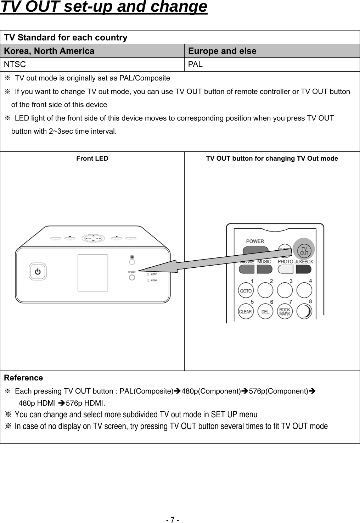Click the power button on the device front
tap(38, 272)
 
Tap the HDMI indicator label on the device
tap(154, 280)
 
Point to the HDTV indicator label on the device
tap(154, 274)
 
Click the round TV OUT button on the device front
tap(132, 278)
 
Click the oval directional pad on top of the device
tap(94, 238)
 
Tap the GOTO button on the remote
tap(246, 291)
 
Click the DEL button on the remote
tap(265, 312)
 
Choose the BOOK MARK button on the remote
tap(285, 312)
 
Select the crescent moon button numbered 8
tap(304, 312)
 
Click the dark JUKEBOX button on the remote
tap(303, 269)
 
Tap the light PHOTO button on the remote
tap(285, 269)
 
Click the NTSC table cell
tap(92, 65)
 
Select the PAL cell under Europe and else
tap(272, 65)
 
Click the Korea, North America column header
tap(92, 51)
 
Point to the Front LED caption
tap(92, 158)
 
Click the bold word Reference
tap(23, 378)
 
